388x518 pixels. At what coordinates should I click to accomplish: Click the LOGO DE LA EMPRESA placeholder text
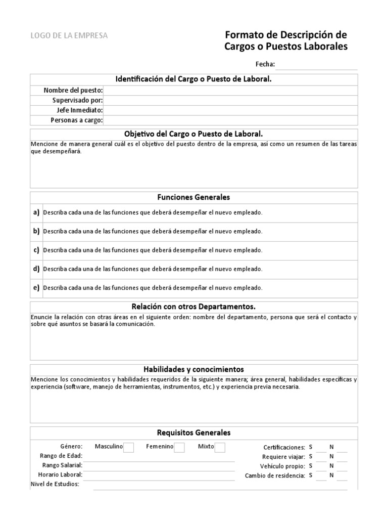click(x=69, y=35)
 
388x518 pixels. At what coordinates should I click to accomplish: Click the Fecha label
click(x=265, y=64)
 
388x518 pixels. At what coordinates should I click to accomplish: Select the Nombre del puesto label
click(x=73, y=90)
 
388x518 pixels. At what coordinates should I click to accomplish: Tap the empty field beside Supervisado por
click(x=230, y=100)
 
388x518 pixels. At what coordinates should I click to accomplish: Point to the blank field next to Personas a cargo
click(x=230, y=120)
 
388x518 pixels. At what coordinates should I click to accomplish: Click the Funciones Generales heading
click(x=194, y=197)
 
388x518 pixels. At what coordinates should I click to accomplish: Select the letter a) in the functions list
click(x=36, y=212)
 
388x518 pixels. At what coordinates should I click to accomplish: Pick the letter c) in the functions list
click(x=36, y=250)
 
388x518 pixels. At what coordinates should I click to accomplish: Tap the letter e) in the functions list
click(x=36, y=287)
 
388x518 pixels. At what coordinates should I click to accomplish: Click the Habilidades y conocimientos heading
click(x=194, y=369)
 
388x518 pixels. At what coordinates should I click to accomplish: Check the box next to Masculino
click(x=128, y=447)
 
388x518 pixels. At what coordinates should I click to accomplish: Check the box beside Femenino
click(x=179, y=447)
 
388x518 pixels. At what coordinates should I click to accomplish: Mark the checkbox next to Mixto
click(x=220, y=447)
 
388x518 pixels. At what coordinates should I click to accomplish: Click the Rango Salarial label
click(x=61, y=465)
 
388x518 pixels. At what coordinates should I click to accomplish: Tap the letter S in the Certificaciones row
click(x=311, y=447)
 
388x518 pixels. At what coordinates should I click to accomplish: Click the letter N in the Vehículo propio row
click(x=332, y=466)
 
